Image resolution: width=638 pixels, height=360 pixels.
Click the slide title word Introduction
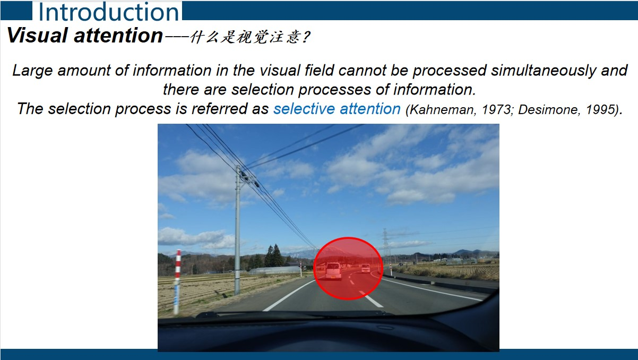click(108, 12)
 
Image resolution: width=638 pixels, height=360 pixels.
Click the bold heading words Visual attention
click(85, 36)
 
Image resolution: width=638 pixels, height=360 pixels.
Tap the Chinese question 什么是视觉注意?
click(250, 37)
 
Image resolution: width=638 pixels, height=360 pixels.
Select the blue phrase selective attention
click(337, 109)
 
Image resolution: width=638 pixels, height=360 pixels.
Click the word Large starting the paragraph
click(33, 71)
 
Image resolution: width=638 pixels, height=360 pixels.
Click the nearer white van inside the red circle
click(333, 271)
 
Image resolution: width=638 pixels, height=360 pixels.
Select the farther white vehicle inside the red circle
click(365, 268)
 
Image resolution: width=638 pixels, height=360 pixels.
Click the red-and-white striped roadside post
click(177, 281)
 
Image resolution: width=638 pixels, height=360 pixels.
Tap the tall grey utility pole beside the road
click(237, 230)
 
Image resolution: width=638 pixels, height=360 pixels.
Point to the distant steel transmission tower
click(385, 243)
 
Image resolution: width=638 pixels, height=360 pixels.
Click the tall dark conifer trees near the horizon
click(274, 256)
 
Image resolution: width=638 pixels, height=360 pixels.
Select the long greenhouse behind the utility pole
click(274, 270)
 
